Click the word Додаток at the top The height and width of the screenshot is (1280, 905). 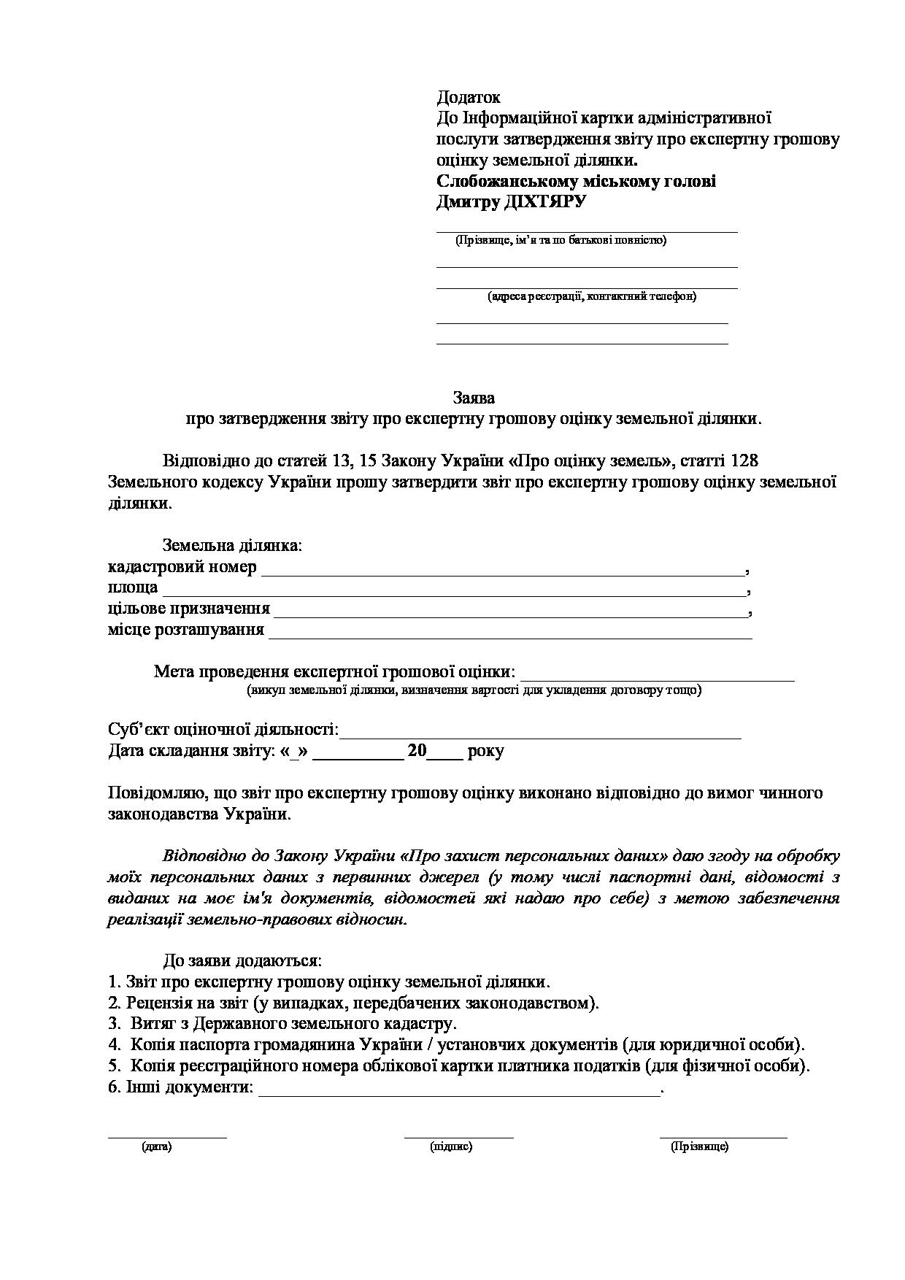pyautogui.click(x=468, y=97)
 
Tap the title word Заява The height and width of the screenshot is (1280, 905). pyautogui.click(x=474, y=398)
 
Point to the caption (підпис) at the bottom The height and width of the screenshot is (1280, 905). pyautogui.click(x=451, y=1146)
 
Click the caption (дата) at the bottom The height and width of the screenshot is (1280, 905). pyautogui.click(x=157, y=1146)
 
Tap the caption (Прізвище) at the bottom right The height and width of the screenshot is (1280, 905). pyautogui.click(x=699, y=1146)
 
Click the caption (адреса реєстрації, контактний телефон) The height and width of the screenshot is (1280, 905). pyautogui.click(x=592, y=296)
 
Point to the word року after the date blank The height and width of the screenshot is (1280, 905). pyautogui.click(x=486, y=751)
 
